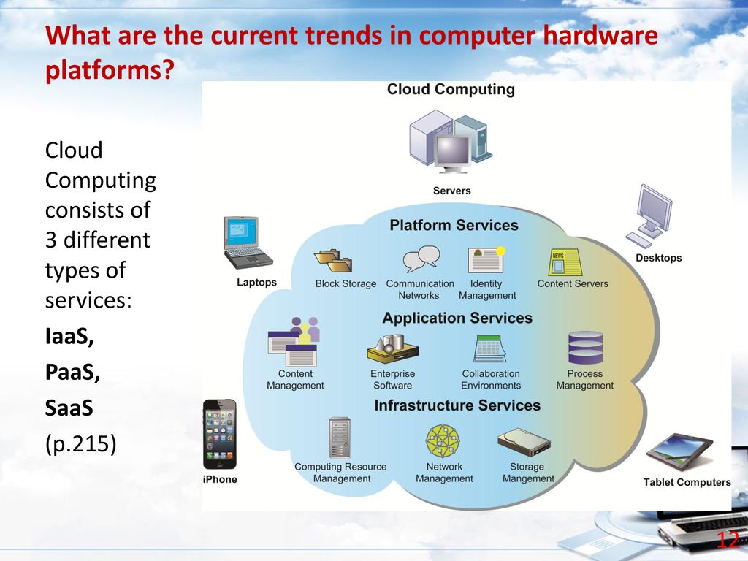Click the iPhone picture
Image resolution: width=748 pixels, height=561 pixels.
coord(219,434)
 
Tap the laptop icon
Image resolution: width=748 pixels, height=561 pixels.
coord(247,243)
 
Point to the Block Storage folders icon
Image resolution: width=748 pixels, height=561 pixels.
coord(333,261)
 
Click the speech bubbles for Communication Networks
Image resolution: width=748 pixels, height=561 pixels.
coord(421,259)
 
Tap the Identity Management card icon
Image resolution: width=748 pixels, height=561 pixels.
coord(486,259)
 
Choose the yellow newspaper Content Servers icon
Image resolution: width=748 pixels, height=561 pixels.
coord(565,262)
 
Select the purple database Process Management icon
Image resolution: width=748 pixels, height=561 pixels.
coord(585,348)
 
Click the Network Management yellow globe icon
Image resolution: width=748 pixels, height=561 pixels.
coord(443,440)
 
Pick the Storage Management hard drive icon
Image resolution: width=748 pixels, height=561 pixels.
coord(524,442)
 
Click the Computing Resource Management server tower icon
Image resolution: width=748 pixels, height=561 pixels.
coord(340,438)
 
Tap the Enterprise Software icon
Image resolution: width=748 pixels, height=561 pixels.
coord(393,349)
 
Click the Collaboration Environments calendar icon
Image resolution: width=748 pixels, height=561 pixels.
coord(490,348)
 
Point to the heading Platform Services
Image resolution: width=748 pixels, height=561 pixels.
coord(454,225)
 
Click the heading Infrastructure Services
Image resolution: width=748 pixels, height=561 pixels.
coord(457,405)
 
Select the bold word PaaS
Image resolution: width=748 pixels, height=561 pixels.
coord(72,372)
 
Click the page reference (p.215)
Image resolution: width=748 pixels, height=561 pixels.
coord(80,444)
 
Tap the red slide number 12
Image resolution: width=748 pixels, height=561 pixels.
coord(728,540)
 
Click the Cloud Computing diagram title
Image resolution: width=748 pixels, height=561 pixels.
coord(451,90)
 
